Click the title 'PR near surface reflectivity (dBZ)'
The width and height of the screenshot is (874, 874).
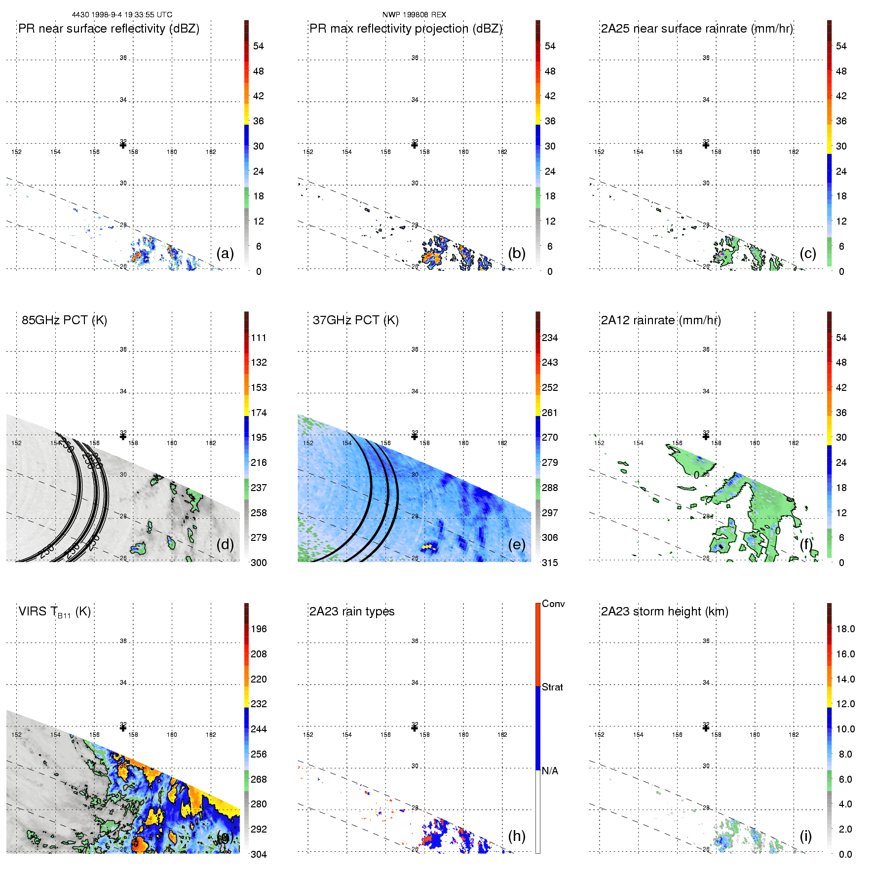pos(109,29)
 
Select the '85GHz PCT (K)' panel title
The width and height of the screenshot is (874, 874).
pos(64,320)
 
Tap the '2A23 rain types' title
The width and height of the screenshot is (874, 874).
pos(352,611)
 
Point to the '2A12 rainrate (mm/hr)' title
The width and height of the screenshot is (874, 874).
pos(661,320)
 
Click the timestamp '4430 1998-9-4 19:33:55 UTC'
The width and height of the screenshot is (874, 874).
pos(122,15)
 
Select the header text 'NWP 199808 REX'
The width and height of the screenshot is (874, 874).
pos(414,15)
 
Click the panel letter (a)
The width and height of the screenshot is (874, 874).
pos(225,253)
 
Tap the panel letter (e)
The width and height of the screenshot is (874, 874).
pos(517,544)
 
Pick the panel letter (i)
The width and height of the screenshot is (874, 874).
pos(805,836)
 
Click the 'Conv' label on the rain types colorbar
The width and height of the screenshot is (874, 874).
pos(553,604)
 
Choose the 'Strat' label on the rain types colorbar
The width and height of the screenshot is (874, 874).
pos(552,687)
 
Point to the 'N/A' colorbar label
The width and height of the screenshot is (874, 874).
pos(550,771)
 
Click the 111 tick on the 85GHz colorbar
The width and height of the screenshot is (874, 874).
pos(259,338)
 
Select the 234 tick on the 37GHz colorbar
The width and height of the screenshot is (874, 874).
pos(550,338)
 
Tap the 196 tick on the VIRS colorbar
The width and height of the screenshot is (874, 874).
pos(259,629)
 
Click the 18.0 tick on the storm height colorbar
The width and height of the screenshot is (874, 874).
pos(845,629)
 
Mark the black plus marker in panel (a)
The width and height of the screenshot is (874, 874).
pos(123,145)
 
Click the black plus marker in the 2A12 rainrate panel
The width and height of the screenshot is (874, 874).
pos(706,436)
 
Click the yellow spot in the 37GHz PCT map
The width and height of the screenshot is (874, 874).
pos(429,547)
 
